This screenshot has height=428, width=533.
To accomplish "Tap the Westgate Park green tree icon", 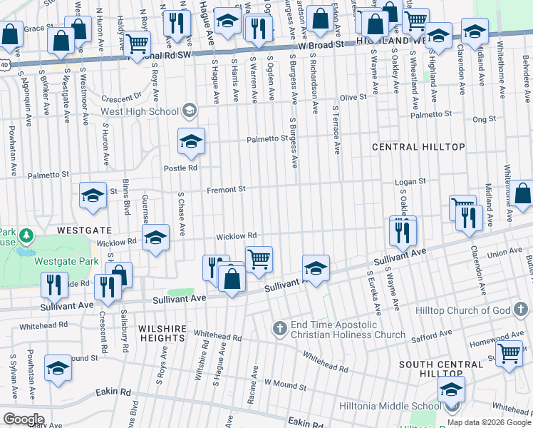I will pos(26,235).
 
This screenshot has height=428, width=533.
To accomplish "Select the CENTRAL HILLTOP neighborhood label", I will pos(418,147).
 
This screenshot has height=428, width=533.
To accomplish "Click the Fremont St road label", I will pos(226,190).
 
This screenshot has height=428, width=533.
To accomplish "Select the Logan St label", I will pos(410,182).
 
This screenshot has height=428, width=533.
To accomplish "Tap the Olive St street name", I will pos(353,96).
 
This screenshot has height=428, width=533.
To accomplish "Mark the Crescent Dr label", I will pos(122,98).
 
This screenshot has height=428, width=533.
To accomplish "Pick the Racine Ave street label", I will pos(254,386).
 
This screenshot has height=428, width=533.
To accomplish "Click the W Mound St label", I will pos(284,385).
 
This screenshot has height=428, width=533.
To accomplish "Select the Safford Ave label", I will pos(435,334).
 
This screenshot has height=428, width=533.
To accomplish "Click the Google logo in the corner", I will pos(24,419).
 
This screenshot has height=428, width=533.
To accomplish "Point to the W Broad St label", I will pos(321,44).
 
